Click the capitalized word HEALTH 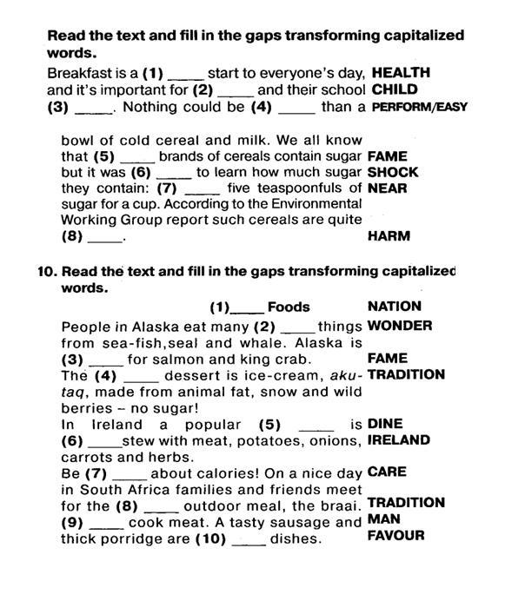coord(400,74)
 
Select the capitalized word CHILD coord(394,89)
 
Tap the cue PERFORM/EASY coord(419,108)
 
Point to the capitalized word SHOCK coord(393,172)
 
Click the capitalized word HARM coord(389,235)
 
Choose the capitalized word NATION coord(395,306)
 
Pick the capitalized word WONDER coord(400,326)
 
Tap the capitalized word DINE coord(385,424)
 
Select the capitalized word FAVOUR coord(395,536)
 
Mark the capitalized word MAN coord(382,519)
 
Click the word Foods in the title coord(289,307)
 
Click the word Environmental coord(298,204)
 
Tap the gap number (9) coord(71,523)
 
